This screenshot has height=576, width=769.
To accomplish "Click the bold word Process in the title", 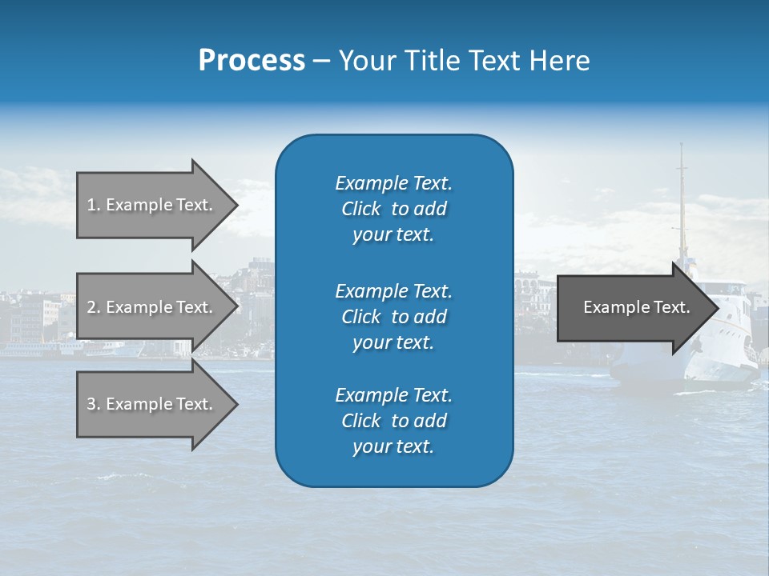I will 252,61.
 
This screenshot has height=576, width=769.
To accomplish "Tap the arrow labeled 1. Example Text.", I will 152,205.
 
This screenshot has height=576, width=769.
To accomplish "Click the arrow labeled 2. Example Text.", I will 152,307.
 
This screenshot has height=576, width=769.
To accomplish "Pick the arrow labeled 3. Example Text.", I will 152,404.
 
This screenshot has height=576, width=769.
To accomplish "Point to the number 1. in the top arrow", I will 94,205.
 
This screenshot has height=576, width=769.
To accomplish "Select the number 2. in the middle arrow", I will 94,307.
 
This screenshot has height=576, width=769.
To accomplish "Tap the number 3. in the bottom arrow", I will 94,404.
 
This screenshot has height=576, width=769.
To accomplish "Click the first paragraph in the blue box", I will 393,209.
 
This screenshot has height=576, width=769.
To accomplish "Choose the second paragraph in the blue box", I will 393,316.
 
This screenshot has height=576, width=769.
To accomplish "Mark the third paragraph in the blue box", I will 393,421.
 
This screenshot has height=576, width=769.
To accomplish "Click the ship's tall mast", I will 682,200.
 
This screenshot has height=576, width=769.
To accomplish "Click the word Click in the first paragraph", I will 361,209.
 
